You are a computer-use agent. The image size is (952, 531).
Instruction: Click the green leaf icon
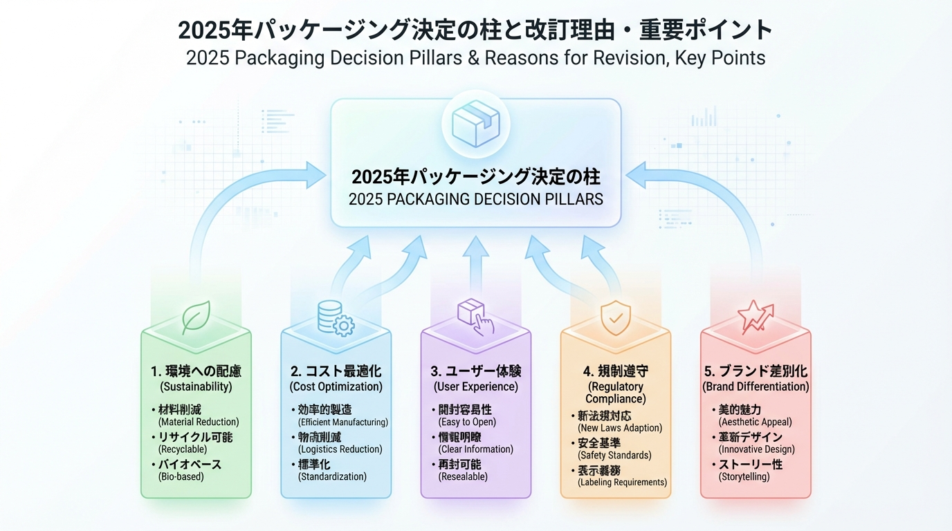point(196,317)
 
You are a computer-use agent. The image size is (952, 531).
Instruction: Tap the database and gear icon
point(336,318)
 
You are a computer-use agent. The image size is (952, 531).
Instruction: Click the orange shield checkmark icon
point(615,317)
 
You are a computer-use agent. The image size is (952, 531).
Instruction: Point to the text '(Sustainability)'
point(196,386)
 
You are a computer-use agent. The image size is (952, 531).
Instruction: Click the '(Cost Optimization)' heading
point(336,386)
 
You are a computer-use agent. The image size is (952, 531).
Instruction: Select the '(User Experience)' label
point(475,386)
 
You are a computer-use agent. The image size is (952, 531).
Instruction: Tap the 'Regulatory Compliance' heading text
point(615,392)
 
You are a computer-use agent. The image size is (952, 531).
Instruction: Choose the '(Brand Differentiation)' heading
point(756,386)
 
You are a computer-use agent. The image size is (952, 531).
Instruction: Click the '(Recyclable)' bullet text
point(183,449)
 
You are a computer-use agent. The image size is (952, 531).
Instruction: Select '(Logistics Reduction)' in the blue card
point(340,449)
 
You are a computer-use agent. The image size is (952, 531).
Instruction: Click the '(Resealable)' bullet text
point(463,476)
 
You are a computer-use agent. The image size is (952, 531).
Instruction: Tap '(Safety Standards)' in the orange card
point(614,456)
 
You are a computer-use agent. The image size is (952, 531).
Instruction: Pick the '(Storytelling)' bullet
point(744,476)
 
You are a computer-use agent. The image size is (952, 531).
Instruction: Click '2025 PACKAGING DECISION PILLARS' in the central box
point(475,199)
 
